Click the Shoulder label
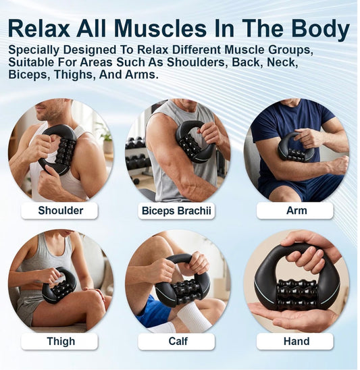tap(60, 211)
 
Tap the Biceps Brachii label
tap(176, 211)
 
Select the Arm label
tap(297, 211)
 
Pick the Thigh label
tap(61, 341)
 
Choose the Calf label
tap(178, 341)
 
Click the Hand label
tap(297, 341)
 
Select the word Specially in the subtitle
tap(34, 51)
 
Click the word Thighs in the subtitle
tap(75, 75)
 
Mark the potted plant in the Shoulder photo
tap(107, 142)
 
